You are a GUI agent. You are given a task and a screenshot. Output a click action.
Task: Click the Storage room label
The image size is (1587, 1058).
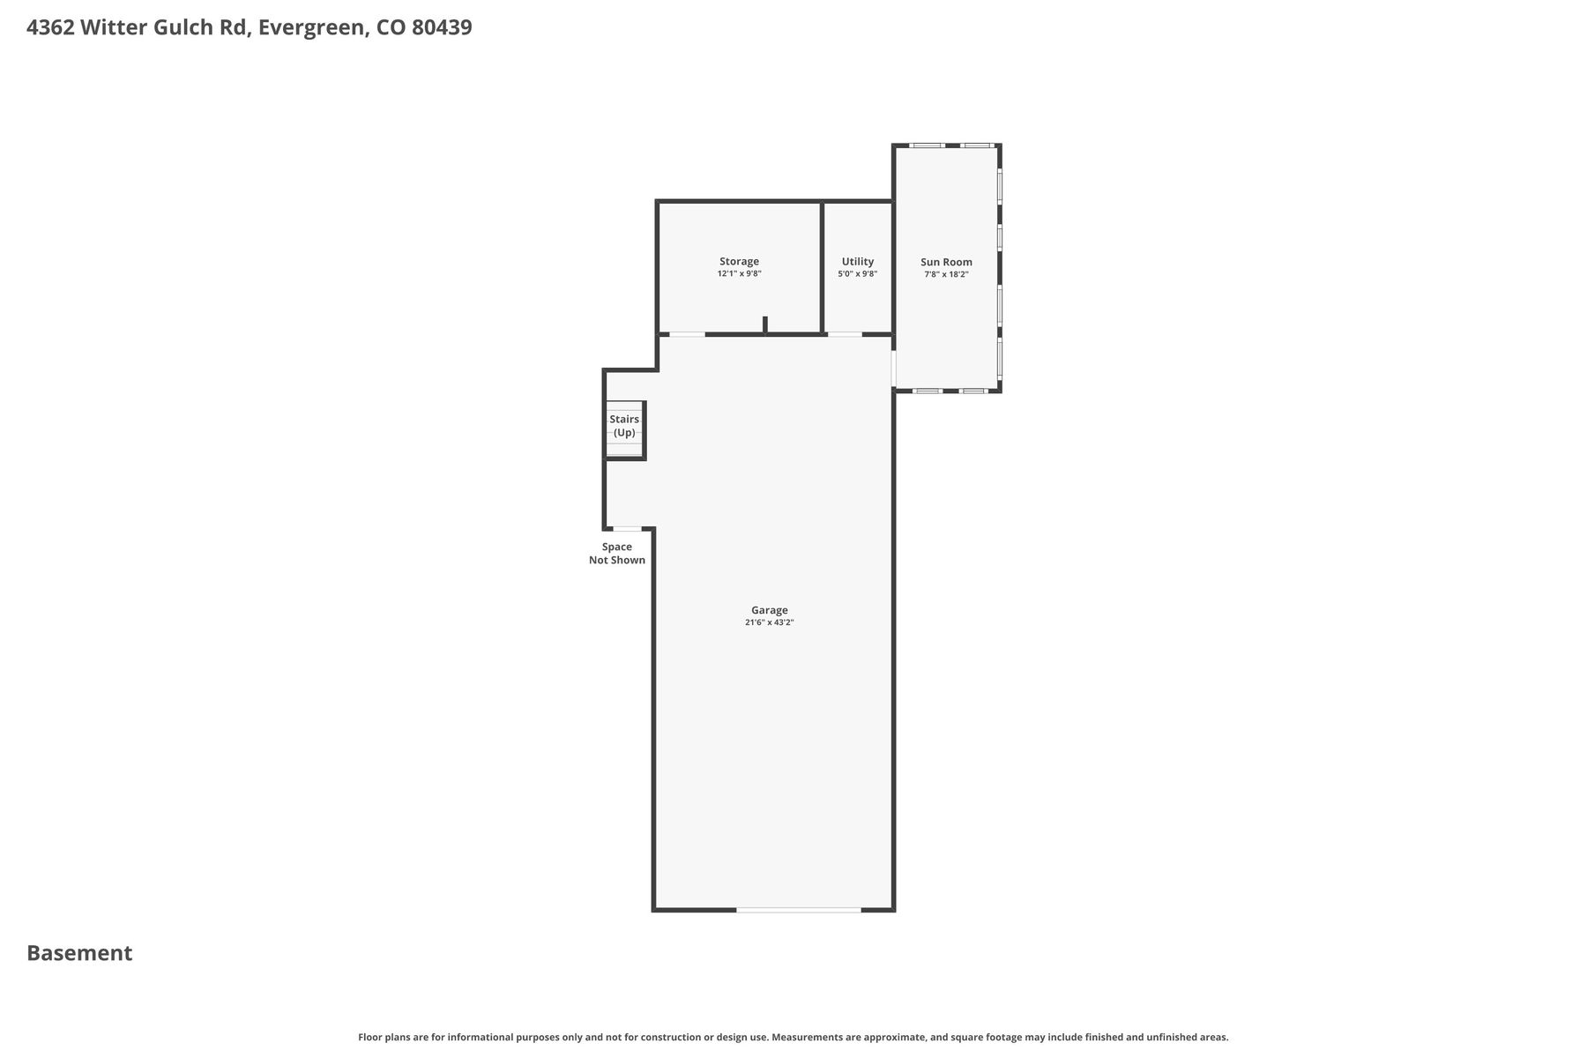(739, 262)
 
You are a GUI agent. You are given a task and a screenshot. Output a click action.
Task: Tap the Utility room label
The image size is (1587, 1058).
(858, 262)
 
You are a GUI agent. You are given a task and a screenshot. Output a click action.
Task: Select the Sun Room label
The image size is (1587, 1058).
(946, 262)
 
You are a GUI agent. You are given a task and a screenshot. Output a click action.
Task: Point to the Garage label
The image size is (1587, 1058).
(770, 610)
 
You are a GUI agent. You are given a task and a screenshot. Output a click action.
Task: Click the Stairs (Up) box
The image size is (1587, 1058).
(624, 430)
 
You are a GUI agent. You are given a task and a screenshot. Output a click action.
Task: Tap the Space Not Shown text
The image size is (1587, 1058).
(617, 554)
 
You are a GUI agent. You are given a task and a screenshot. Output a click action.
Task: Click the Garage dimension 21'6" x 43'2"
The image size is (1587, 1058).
(770, 622)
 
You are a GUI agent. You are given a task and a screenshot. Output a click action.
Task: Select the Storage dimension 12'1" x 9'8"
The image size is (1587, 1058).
(739, 274)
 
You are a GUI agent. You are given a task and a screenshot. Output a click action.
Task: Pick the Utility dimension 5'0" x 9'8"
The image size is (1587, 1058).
(858, 274)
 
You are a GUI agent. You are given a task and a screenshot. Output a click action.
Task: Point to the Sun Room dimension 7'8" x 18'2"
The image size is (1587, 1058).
(946, 274)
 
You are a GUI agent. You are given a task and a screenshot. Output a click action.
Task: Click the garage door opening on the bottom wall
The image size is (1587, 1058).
(799, 909)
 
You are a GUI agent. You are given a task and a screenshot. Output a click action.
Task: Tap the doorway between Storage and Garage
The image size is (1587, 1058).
(687, 334)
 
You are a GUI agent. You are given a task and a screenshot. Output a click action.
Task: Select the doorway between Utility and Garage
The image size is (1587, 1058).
(845, 334)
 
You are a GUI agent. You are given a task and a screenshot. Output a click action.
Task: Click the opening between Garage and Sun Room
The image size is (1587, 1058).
(894, 369)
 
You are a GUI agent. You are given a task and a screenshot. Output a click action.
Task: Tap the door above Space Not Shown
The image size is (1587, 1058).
(627, 529)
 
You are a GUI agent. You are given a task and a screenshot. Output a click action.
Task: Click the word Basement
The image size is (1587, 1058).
(79, 953)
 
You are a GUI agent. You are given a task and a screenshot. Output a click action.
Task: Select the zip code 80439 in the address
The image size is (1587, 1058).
(442, 27)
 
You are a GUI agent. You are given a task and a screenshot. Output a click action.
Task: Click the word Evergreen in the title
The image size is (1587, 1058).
(310, 28)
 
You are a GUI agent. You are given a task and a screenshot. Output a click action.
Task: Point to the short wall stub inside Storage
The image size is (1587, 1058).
(765, 324)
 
